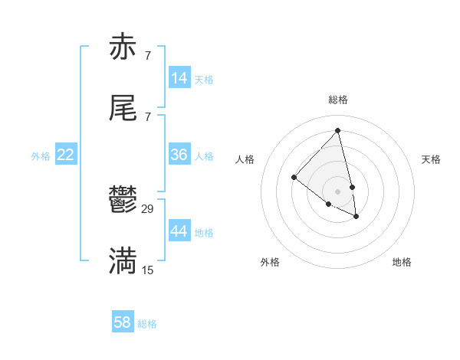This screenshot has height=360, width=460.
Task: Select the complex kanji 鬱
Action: tap(123, 202)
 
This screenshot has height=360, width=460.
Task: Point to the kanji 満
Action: tap(123, 261)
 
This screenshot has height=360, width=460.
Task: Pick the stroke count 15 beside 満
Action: tap(148, 270)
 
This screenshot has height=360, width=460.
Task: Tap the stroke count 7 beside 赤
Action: tap(148, 56)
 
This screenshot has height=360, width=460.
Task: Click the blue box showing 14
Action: tap(179, 78)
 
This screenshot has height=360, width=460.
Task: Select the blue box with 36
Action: tap(179, 155)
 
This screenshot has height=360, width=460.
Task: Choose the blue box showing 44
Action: tap(179, 231)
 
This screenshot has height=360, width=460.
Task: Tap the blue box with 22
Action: tap(66, 155)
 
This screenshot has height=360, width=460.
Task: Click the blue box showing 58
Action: tap(123, 322)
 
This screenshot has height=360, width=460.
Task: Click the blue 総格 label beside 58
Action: tap(147, 324)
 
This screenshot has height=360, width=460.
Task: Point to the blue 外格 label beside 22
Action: tap(41, 156)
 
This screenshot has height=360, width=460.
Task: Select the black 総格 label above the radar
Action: tap(338, 100)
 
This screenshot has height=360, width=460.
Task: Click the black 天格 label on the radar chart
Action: tap(431, 159)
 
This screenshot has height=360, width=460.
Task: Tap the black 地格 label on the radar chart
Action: tap(402, 262)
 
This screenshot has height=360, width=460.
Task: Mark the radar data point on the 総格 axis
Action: tap(338, 130)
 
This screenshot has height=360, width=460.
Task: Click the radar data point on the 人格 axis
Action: tap(294, 177)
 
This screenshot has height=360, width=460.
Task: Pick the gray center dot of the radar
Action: tap(337, 191)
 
